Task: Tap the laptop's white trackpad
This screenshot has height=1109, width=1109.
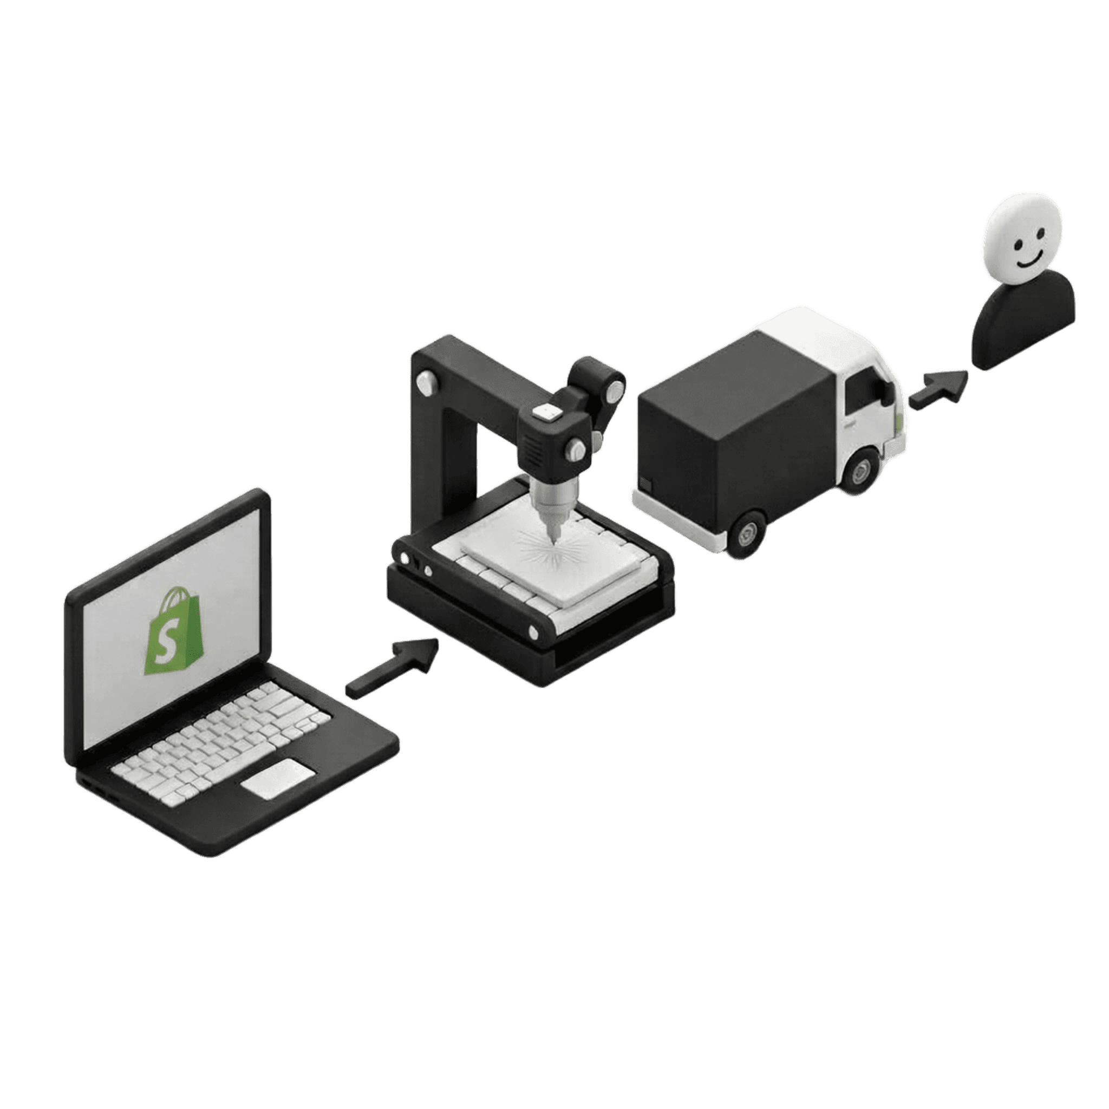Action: (x=278, y=778)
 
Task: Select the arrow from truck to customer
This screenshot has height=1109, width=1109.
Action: (x=938, y=390)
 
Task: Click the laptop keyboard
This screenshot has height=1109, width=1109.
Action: (x=221, y=738)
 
